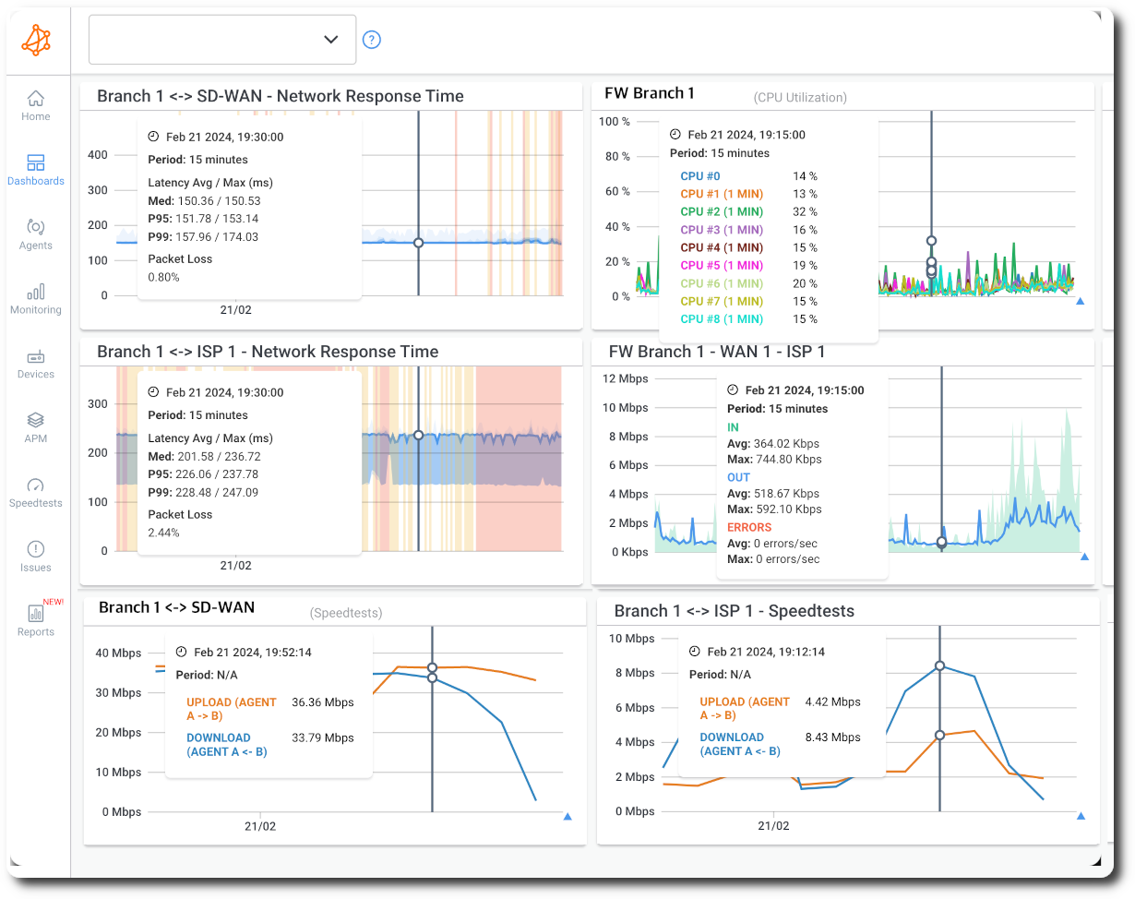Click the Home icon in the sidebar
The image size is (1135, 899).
(x=36, y=99)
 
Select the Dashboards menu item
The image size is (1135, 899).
(x=36, y=163)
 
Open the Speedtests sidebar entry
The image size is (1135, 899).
(x=36, y=485)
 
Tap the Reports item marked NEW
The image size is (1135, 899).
(x=36, y=614)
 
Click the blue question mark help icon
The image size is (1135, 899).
(x=372, y=40)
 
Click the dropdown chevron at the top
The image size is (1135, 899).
(x=331, y=40)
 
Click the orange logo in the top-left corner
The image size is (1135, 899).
(x=36, y=40)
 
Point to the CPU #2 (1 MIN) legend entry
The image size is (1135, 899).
(x=722, y=212)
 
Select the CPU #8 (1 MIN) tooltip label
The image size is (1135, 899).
(x=722, y=319)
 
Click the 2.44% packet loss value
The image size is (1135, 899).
(x=164, y=533)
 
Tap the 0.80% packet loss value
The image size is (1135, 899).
(x=164, y=277)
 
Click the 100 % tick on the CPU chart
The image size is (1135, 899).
(x=615, y=122)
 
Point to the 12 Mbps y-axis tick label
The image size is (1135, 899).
(x=625, y=378)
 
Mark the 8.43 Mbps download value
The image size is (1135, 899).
(x=832, y=737)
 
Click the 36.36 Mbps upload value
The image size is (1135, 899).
(x=323, y=702)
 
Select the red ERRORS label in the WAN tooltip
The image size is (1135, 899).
(x=749, y=528)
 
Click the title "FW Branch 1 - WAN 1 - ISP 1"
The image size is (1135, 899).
(x=717, y=352)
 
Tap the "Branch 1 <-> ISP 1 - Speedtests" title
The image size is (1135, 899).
(x=734, y=611)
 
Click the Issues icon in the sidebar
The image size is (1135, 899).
(x=36, y=550)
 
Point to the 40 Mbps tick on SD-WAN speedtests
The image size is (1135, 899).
(x=118, y=653)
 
